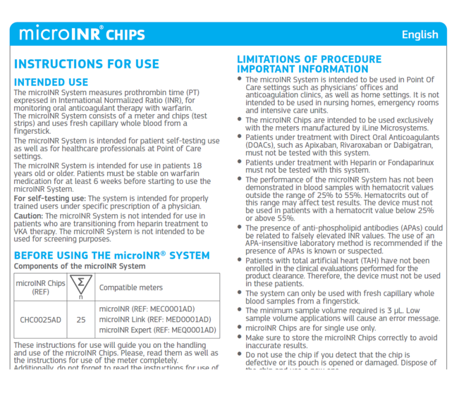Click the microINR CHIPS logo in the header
tap(82, 34)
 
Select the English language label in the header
tap(419, 34)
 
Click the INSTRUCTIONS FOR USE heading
tap(86, 64)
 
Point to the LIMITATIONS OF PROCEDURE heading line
tap(309, 59)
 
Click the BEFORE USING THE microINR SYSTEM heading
tap(111, 255)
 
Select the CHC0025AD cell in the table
tap(40, 319)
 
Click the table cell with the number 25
tap(81, 319)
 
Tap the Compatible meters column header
tap(131, 287)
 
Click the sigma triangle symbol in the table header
tap(81, 285)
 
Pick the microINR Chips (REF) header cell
tap(40, 287)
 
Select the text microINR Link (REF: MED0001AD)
tap(154, 320)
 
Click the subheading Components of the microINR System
tap(79, 266)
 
